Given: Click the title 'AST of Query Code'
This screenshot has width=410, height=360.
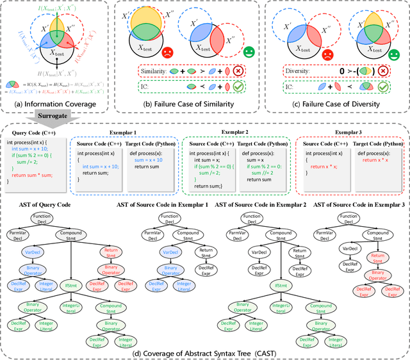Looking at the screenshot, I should (x=63, y=205).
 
